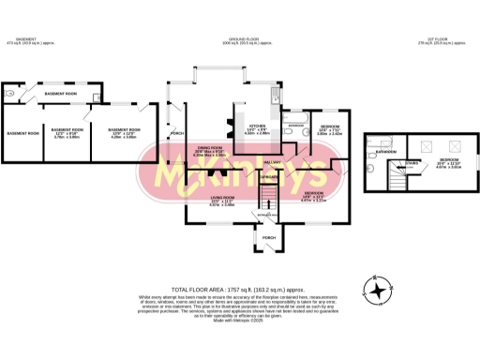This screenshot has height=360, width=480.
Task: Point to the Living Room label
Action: tap(221, 197)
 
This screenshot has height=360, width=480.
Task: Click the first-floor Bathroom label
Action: tap(385, 151)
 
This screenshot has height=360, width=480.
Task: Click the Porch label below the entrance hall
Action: tap(269, 237)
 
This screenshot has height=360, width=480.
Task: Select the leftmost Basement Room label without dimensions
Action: tap(22, 133)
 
